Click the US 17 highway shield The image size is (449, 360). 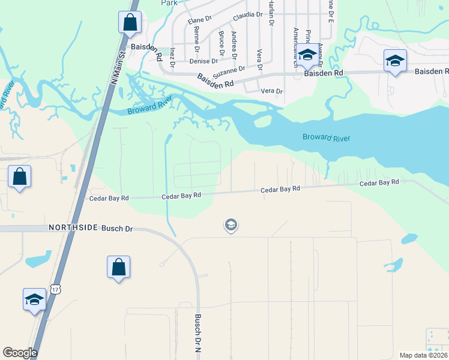tap(56, 289)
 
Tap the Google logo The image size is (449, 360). tap(20, 353)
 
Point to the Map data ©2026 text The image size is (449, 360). tap(423, 355)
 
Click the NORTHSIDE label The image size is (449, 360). tap(73, 228)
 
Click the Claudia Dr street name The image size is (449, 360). tap(249, 14)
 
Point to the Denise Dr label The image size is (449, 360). tap(203, 61)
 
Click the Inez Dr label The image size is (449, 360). tap(172, 55)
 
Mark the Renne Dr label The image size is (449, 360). tap(196, 43)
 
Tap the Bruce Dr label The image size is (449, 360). tap(221, 43)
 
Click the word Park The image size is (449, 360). tap(170, 3)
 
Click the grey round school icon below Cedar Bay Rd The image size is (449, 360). tap(230, 225)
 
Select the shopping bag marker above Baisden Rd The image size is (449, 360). tap(129, 23)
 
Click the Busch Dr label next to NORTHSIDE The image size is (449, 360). tap(116, 229)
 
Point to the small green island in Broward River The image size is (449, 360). tap(262, 121)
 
